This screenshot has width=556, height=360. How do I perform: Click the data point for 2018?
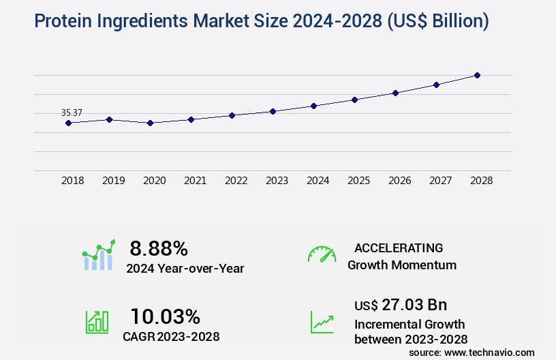(68, 123)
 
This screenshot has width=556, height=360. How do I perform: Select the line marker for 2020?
(150, 123)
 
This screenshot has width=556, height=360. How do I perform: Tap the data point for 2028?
(477, 75)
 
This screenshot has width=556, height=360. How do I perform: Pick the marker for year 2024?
(313, 106)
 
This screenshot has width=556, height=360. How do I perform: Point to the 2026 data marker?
(395, 93)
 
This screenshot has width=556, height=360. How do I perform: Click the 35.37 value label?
(72, 112)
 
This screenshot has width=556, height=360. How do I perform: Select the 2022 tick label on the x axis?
(236, 181)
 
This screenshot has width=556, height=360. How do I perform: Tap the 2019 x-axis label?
(113, 181)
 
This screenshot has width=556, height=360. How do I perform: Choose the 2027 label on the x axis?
(440, 181)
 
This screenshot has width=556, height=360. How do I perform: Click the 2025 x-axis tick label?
(358, 181)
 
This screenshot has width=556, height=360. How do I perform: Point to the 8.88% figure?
(159, 248)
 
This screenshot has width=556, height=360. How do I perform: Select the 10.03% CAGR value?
(165, 316)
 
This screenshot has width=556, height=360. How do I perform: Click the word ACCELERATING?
(399, 247)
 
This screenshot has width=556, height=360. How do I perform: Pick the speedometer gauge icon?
(322, 254)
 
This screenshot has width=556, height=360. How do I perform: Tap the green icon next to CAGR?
(97, 321)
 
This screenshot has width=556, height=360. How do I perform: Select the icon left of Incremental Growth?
(322, 321)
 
